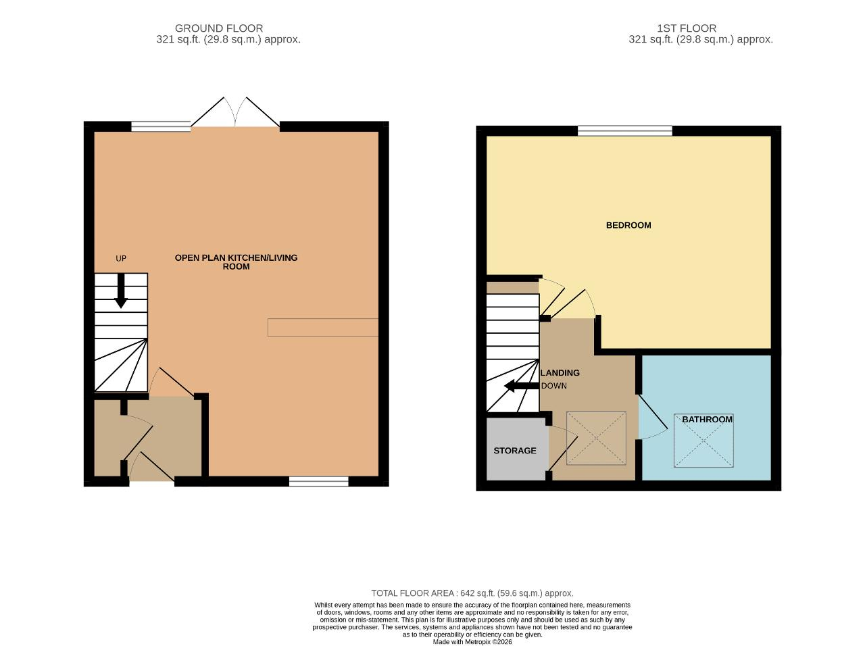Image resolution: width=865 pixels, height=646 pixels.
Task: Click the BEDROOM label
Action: click(628, 225)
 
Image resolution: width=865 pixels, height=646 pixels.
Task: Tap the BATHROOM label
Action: click(707, 420)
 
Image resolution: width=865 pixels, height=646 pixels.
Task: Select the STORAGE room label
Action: click(515, 451)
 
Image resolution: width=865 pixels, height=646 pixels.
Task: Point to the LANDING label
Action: click(560, 372)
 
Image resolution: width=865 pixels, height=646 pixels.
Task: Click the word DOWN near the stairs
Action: click(553, 386)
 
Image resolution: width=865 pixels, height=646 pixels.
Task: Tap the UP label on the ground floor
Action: click(120, 258)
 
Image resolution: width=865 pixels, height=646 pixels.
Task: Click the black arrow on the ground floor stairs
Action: click(120, 291)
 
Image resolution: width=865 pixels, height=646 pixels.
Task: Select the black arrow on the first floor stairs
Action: click(521, 386)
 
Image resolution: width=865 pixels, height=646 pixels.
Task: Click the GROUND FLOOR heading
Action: click(219, 28)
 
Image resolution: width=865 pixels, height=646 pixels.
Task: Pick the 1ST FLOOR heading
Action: click(687, 28)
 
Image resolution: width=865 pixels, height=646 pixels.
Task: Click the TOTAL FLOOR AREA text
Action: click(472, 593)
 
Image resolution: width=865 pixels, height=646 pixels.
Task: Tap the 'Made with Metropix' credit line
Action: click(472, 642)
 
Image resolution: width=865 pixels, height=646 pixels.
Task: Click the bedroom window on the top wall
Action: click(624, 131)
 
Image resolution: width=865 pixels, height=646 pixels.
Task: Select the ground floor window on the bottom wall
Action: click(318, 481)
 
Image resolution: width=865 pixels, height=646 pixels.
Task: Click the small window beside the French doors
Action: click(161, 126)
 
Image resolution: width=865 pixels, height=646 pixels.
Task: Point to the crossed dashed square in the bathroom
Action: click(703, 441)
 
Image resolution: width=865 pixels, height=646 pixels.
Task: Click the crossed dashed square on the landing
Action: click(596, 438)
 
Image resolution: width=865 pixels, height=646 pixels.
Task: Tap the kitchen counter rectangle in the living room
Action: click(323, 328)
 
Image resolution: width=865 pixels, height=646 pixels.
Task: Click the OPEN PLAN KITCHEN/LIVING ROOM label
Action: click(236, 262)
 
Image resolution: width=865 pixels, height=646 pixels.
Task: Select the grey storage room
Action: click(517, 449)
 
